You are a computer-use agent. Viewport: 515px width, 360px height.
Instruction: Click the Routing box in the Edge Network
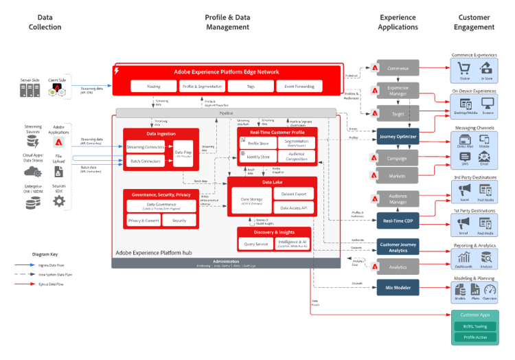click(x=152, y=87)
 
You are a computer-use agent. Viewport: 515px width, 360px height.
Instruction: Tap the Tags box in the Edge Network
click(x=251, y=87)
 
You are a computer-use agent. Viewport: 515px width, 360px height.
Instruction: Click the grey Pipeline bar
click(x=227, y=112)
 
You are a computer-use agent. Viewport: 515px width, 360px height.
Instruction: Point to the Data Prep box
click(x=183, y=153)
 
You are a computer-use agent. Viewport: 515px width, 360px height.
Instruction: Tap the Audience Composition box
click(x=297, y=157)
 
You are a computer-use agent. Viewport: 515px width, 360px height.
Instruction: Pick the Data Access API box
click(x=294, y=207)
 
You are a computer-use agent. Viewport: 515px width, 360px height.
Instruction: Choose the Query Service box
click(x=256, y=243)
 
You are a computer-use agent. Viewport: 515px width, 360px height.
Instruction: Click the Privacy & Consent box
click(x=144, y=221)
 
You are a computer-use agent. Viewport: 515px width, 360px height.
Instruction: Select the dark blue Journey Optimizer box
click(x=398, y=136)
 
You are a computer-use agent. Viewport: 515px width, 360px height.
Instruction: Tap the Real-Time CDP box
click(x=398, y=220)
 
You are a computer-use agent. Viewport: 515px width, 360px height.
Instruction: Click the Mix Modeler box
click(x=398, y=286)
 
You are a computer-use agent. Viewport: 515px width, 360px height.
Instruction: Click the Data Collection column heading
click(x=45, y=22)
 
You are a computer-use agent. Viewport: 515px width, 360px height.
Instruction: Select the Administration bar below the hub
click(x=226, y=263)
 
